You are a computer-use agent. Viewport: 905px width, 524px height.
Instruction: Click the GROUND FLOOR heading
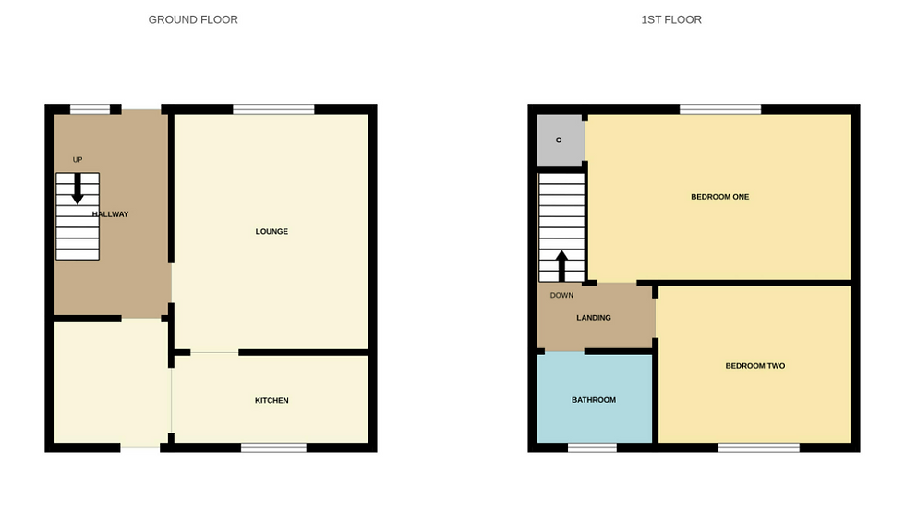[x=193, y=19]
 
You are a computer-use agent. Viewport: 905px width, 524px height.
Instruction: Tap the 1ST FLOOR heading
[x=671, y=19]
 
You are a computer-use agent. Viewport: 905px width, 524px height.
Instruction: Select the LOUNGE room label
[x=271, y=231]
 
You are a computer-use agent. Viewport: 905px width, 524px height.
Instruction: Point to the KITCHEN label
[x=271, y=400]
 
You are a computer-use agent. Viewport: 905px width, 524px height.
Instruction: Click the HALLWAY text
[x=110, y=213]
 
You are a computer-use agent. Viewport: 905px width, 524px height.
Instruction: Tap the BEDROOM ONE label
[x=719, y=197]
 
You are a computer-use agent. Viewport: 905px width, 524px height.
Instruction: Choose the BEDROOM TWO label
[x=755, y=366]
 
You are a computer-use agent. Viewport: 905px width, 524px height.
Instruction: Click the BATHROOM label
[x=593, y=400]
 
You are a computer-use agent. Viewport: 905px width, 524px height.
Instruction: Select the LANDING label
[x=593, y=318]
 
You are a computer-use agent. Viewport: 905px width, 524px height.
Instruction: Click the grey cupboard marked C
[x=560, y=140]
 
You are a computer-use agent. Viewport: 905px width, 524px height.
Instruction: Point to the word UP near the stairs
[x=78, y=160]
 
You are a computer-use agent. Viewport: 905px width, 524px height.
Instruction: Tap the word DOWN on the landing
[x=561, y=295]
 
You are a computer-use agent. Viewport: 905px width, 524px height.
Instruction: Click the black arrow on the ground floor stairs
[x=78, y=189]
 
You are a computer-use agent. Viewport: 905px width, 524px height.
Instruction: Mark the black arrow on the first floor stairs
[x=561, y=266]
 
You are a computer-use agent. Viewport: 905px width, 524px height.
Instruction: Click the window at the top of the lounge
[x=273, y=109]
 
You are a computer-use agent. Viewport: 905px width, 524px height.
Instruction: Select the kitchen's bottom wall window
[x=273, y=447]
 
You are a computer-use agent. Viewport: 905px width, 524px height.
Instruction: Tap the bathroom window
[x=592, y=447]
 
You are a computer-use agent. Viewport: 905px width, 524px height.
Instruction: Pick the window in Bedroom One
[x=720, y=109]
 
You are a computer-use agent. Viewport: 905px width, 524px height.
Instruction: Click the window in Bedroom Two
[x=759, y=447]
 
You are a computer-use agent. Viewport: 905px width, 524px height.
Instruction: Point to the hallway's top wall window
[x=90, y=109]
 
